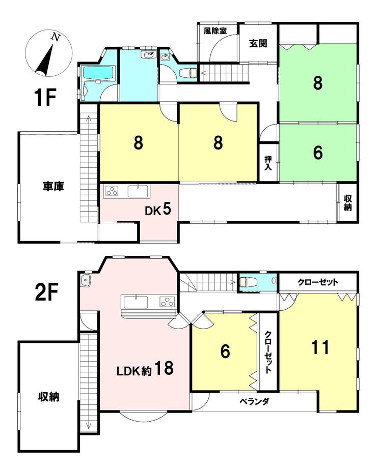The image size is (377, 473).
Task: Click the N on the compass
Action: pos(56,37)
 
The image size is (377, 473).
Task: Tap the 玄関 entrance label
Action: pos(258,43)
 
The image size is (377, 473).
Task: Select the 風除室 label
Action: pos(215,31)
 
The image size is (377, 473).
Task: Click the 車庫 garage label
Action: pos(53,186)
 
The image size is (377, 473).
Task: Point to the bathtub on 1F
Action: pos(98,74)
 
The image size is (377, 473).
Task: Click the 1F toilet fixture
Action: pos(188,73)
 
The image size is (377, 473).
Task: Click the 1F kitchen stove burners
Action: pos(112,191)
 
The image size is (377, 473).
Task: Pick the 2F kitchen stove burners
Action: pos(167,302)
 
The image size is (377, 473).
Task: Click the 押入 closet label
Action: pos(267,163)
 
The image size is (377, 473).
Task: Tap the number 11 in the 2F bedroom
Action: pos(320,347)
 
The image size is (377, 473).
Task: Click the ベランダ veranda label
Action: pos(254,401)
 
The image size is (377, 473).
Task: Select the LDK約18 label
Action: pos(145,368)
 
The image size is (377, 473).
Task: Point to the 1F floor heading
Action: pos(45,98)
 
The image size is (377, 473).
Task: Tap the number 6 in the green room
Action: pos(318,153)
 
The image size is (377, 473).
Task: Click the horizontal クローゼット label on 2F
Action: pos(318,282)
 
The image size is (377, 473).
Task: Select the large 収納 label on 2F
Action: pos(49,397)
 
